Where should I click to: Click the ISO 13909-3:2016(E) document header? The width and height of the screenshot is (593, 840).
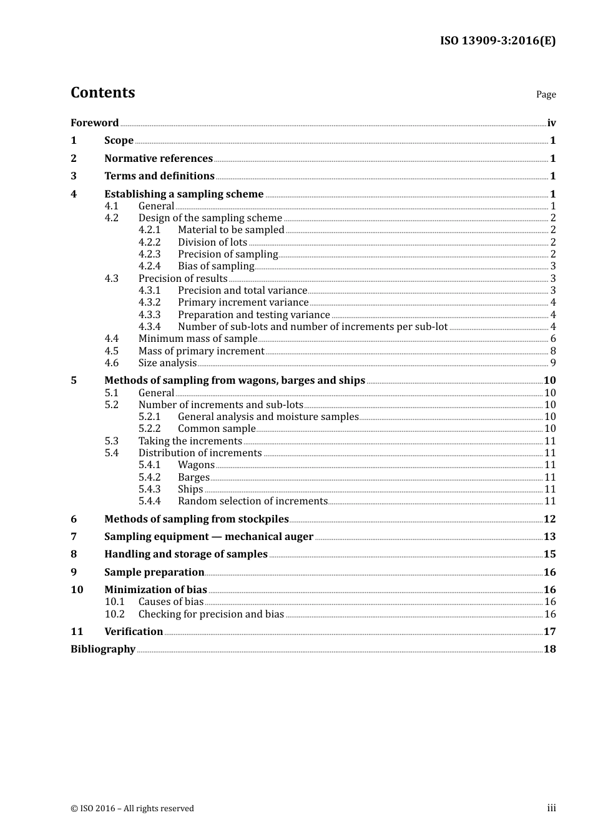(497, 41)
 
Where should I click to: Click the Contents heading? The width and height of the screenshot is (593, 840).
(102, 92)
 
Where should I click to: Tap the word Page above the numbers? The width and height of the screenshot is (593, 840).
(546, 94)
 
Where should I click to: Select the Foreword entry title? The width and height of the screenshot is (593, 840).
(94, 122)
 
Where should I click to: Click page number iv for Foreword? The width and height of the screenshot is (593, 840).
(551, 122)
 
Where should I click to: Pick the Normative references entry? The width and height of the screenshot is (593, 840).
(159, 158)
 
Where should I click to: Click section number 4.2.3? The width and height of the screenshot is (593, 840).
(149, 254)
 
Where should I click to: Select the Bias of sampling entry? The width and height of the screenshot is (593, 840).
(216, 266)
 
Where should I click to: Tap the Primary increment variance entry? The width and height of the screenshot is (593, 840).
(243, 302)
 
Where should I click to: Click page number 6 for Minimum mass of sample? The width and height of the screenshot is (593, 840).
(553, 338)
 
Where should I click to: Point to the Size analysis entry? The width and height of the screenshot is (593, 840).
(167, 362)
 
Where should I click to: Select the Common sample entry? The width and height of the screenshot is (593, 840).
(217, 428)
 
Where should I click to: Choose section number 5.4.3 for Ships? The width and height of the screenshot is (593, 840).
(149, 489)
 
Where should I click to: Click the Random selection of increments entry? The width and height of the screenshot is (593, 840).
(252, 501)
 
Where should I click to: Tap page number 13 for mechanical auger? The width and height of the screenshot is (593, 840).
(549, 536)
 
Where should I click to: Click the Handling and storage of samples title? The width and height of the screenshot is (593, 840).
(186, 554)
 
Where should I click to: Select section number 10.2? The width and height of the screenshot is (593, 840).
(115, 614)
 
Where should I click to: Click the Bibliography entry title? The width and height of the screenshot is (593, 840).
(103, 649)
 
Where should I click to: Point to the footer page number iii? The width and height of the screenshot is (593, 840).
(551, 807)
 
